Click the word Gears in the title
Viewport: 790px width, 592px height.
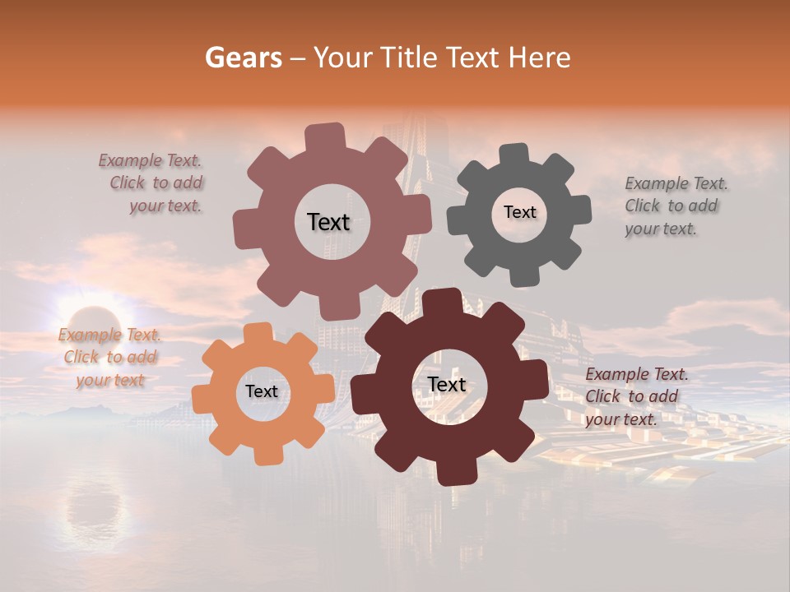(243, 58)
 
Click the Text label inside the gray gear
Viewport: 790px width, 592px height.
(519, 212)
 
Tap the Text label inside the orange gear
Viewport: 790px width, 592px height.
(262, 391)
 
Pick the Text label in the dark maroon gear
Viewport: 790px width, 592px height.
(447, 384)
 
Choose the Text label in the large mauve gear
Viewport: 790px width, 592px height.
(329, 222)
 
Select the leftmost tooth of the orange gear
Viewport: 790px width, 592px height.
(203, 398)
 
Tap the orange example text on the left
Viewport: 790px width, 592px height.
(109, 358)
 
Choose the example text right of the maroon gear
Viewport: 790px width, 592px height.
(636, 396)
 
